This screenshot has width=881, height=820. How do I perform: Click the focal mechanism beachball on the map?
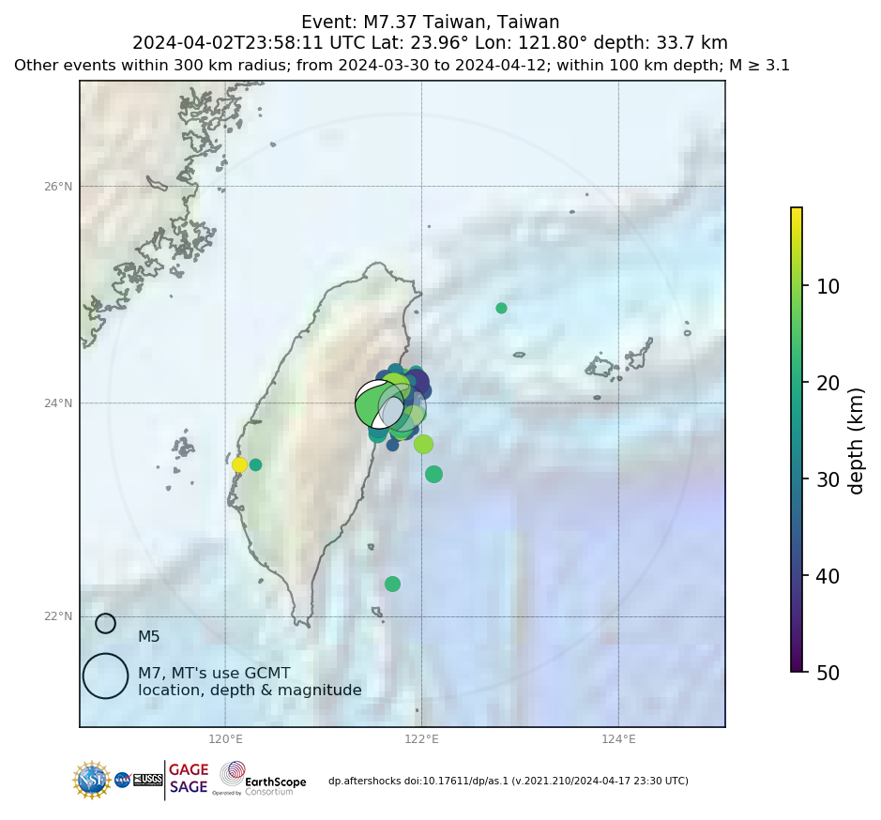click(380, 404)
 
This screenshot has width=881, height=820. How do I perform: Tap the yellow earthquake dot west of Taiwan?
click(239, 464)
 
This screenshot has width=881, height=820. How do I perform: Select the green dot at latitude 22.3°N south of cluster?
click(392, 584)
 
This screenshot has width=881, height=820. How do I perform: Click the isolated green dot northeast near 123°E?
click(501, 308)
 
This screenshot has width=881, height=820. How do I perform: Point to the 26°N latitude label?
click(58, 186)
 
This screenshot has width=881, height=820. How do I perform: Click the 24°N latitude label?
click(58, 403)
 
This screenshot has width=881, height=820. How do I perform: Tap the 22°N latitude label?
click(58, 616)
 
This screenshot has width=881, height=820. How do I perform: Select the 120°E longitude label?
click(225, 738)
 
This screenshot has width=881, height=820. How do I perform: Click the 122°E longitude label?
click(421, 738)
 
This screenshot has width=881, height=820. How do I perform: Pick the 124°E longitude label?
click(618, 738)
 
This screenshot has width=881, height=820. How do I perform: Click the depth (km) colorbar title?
click(856, 440)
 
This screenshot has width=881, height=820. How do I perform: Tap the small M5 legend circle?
click(105, 623)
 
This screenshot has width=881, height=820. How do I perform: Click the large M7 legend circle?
click(105, 676)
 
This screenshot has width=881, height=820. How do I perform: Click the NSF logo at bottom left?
click(92, 780)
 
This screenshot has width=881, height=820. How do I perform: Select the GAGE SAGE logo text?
click(189, 779)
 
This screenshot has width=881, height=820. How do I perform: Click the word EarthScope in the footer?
click(276, 781)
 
